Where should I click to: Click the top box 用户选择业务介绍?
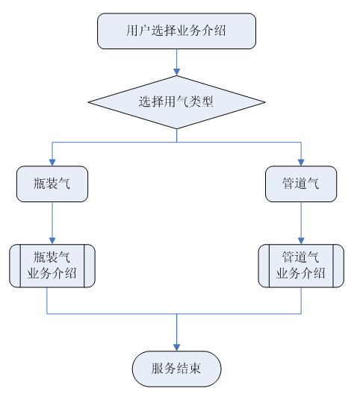point(176,31)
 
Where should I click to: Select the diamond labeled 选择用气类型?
point(176,102)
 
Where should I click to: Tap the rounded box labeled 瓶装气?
point(52,184)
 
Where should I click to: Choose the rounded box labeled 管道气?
point(301,184)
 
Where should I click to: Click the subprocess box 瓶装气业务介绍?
point(52,266)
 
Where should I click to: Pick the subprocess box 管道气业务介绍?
point(301,266)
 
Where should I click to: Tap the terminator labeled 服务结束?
point(176,369)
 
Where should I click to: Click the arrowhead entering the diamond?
point(176,72)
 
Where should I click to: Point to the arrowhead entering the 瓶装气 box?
point(52,163)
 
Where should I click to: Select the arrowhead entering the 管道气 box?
point(301,163)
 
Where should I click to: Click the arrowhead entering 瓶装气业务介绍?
point(52,241)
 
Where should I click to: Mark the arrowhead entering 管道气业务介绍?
point(301,241)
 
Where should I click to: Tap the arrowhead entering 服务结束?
point(176,348)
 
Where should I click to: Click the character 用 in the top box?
point(132,31)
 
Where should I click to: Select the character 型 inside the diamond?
point(207,101)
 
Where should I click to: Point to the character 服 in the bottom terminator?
point(158,369)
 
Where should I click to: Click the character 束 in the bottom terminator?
point(194,369)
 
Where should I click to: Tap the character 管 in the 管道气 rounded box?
point(288,183)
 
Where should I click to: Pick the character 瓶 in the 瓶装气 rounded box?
point(40,183)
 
